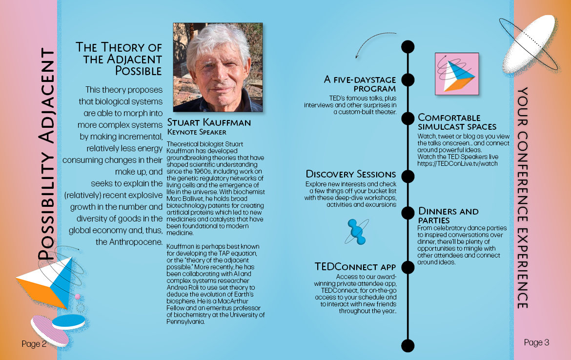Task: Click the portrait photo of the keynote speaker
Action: (218, 67)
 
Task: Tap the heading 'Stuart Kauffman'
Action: (209, 122)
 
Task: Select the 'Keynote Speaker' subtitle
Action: (197, 132)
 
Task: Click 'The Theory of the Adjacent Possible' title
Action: (119, 59)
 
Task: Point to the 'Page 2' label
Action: (34, 344)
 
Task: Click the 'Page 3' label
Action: (536, 342)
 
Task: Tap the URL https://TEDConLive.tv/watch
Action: (457, 163)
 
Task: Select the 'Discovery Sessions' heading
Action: (351, 174)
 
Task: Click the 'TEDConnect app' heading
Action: (355, 267)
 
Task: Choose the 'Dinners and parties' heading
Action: (449, 216)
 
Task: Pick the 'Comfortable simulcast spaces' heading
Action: (457, 122)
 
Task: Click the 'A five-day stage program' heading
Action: (360, 84)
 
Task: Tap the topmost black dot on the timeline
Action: (408, 47)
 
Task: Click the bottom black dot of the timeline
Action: (408, 345)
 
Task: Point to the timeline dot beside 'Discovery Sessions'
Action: (408, 176)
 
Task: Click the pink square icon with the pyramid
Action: (457, 74)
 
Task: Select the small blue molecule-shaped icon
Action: (357, 232)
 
